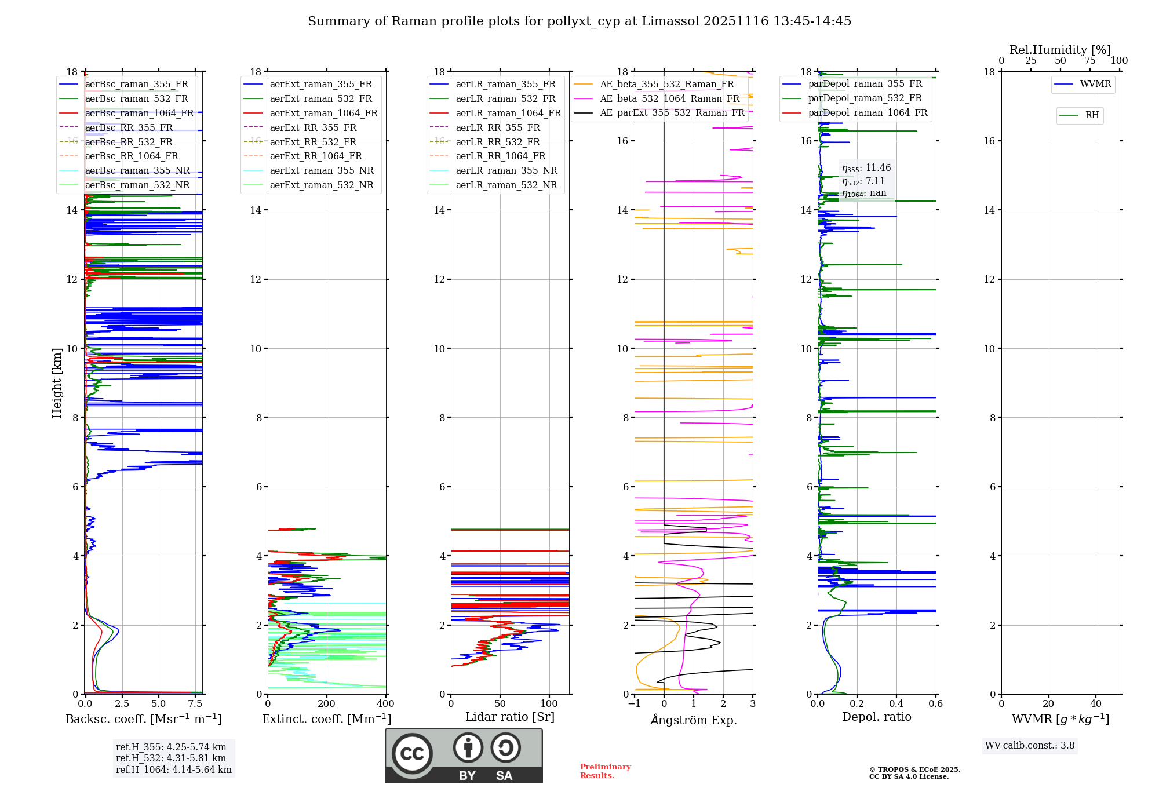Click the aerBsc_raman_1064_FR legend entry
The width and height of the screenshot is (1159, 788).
[x=139, y=113]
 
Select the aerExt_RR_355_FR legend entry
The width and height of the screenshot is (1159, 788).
[x=313, y=127]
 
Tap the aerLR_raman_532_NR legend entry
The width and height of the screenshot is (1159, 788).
[x=506, y=185]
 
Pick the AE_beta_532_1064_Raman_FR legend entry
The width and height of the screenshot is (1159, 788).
[x=669, y=99]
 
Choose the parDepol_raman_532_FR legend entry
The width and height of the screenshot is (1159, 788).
[x=865, y=98]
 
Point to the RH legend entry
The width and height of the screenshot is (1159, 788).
[x=1092, y=115]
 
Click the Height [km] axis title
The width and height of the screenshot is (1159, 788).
[x=57, y=382]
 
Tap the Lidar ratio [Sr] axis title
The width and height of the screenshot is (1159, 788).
[x=510, y=717]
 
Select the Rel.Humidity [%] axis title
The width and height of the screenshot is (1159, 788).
[x=1060, y=50]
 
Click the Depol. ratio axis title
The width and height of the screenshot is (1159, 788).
[x=876, y=717]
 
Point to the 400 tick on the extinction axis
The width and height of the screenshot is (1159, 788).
[x=385, y=703]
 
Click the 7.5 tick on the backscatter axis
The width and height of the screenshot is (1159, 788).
[x=195, y=703]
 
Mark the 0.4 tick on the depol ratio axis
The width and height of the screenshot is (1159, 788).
[x=896, y=703]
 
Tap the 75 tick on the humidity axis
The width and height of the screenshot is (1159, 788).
[x=1089, y=60]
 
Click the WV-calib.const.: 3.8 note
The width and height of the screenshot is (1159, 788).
[x=1030, y=745]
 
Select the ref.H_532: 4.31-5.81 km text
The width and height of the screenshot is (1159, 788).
[x=171, y=758]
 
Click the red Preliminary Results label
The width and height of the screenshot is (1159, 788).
[x=605, y=771]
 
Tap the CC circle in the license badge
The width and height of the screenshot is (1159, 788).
[x=412, y=753]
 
